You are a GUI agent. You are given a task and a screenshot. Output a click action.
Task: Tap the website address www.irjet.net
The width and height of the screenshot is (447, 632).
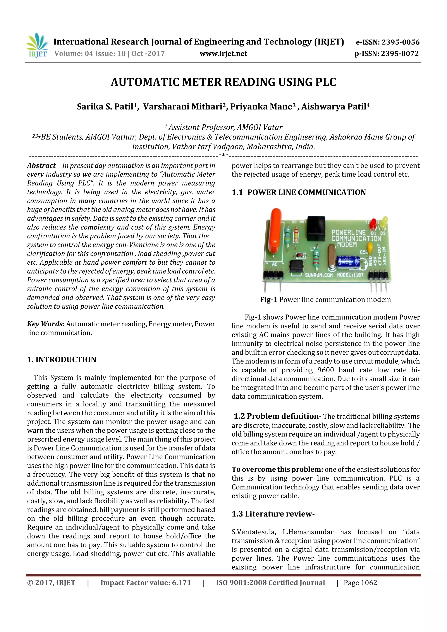click(223, 54)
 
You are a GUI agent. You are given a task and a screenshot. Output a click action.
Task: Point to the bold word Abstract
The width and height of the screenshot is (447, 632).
click(41, 165)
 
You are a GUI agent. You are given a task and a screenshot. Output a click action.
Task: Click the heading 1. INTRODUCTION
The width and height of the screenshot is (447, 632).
click(62, 360)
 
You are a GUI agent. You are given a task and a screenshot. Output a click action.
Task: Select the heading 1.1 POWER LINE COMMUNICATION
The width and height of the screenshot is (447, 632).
click(299, 192)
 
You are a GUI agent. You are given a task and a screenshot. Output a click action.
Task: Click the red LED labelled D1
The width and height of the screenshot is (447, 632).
click(373, 223)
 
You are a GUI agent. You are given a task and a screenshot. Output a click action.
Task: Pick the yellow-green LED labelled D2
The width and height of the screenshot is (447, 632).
click(384, 222)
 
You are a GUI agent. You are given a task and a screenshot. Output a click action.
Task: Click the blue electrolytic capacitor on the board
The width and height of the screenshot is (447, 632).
click(348, 262)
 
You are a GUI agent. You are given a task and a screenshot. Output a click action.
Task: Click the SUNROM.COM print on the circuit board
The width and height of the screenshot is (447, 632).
click(319, 275)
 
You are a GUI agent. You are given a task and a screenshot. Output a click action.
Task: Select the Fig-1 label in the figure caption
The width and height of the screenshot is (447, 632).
click(268, 300)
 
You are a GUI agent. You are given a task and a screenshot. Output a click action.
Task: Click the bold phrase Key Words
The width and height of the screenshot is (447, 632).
click(45, 324)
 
